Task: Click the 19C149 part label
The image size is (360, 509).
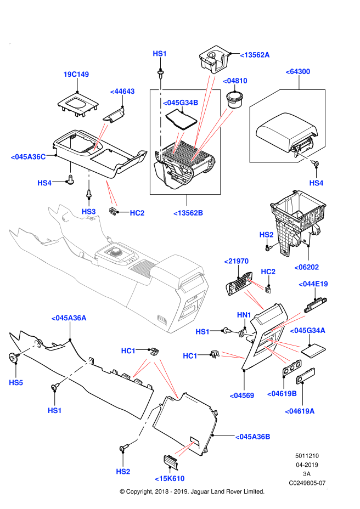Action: tap(76, 75)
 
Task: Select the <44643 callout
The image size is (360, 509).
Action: tap(122, 92)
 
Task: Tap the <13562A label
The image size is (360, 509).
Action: tap(255, 55)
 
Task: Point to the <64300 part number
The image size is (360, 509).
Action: tap(298, 72)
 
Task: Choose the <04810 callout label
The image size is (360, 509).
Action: tap(235, 81)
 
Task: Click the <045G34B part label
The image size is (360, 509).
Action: tap(181, 103)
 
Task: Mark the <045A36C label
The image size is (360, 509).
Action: tap(28, 157)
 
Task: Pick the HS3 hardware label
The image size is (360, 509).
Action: tap(88, 212)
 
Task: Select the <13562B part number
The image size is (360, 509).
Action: tap(188, 213)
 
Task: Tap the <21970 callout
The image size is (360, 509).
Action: tap(237, 261)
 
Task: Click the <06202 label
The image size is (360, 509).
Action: tap(307, 268)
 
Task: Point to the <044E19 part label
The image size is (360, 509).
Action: tap(313, 284)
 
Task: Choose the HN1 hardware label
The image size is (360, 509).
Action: tap(244, 315)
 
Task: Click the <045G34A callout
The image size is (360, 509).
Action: tap(307, 331)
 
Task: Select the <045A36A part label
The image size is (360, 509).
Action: tap(69, 318)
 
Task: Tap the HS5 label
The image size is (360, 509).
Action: tap(16, 383)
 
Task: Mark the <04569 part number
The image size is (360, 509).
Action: tap(242, 395)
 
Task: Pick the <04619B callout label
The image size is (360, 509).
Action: tap(282, 394)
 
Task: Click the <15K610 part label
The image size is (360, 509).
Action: tap(170, 479)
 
